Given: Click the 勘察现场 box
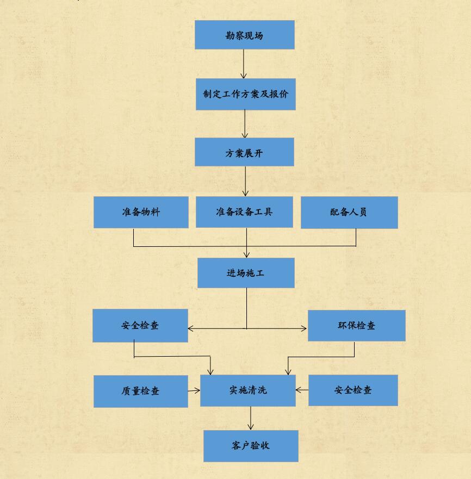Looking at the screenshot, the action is click(245, 35).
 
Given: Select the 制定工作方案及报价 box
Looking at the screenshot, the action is click(246, 94).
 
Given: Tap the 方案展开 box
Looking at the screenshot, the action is click(245, 152).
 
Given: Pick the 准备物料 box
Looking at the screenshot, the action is click(141, 212).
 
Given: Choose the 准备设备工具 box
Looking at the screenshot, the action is click(244, 211).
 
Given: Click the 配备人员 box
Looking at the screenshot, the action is click(349, 212).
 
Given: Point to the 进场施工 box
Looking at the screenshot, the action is click(246, 273).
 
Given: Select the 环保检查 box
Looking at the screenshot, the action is click(357, 326).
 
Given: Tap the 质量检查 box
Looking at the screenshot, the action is click(141, 391).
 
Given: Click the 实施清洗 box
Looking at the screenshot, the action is click(248, 390).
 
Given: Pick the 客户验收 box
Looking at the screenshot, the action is click(251, 446).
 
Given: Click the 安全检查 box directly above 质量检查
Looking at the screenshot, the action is click(140, 326).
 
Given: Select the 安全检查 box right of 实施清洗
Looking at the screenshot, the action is click(353, 390).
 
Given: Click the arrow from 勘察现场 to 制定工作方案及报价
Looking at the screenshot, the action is click(244, 64).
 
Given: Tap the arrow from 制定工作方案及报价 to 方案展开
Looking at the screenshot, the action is click(245, 124).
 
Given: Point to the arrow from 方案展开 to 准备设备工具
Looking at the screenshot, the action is click(245, 181).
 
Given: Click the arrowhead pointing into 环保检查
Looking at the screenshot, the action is click(304, 329).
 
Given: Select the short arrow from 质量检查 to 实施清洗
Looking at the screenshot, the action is click(194, 390).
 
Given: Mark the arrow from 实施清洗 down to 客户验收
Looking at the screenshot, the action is click(251, 418).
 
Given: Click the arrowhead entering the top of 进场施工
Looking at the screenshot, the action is click(247, 255).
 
